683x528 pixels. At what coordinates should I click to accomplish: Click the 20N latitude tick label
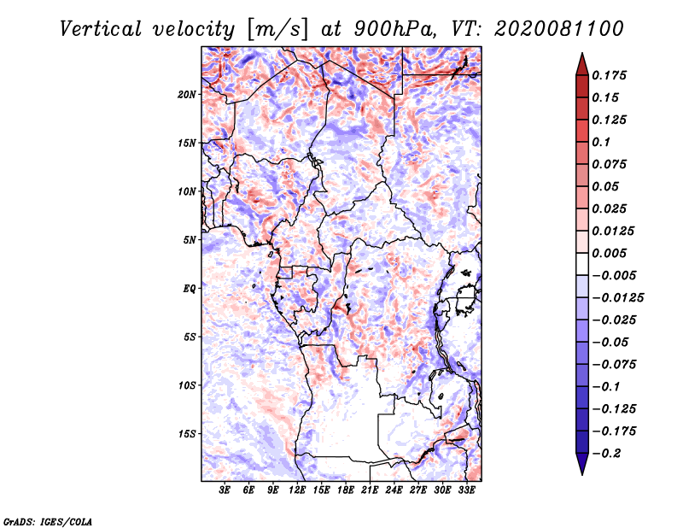click(187, 94)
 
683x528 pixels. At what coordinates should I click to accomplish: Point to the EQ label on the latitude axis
click(190, 289)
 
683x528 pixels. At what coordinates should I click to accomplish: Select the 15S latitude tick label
click(187, 434)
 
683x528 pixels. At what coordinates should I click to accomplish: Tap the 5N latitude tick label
click(190, 240)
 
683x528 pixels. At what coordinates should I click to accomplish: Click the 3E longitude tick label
click(225, 490)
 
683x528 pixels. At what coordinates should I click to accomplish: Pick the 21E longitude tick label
click(370, 490)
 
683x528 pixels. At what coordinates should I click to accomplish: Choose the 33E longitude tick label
click(466, 490)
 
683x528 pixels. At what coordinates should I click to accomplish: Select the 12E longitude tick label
click(298, 490)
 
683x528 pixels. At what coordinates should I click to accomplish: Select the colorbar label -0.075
click(613, 364)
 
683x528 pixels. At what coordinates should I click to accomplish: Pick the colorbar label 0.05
click(606, 186)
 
